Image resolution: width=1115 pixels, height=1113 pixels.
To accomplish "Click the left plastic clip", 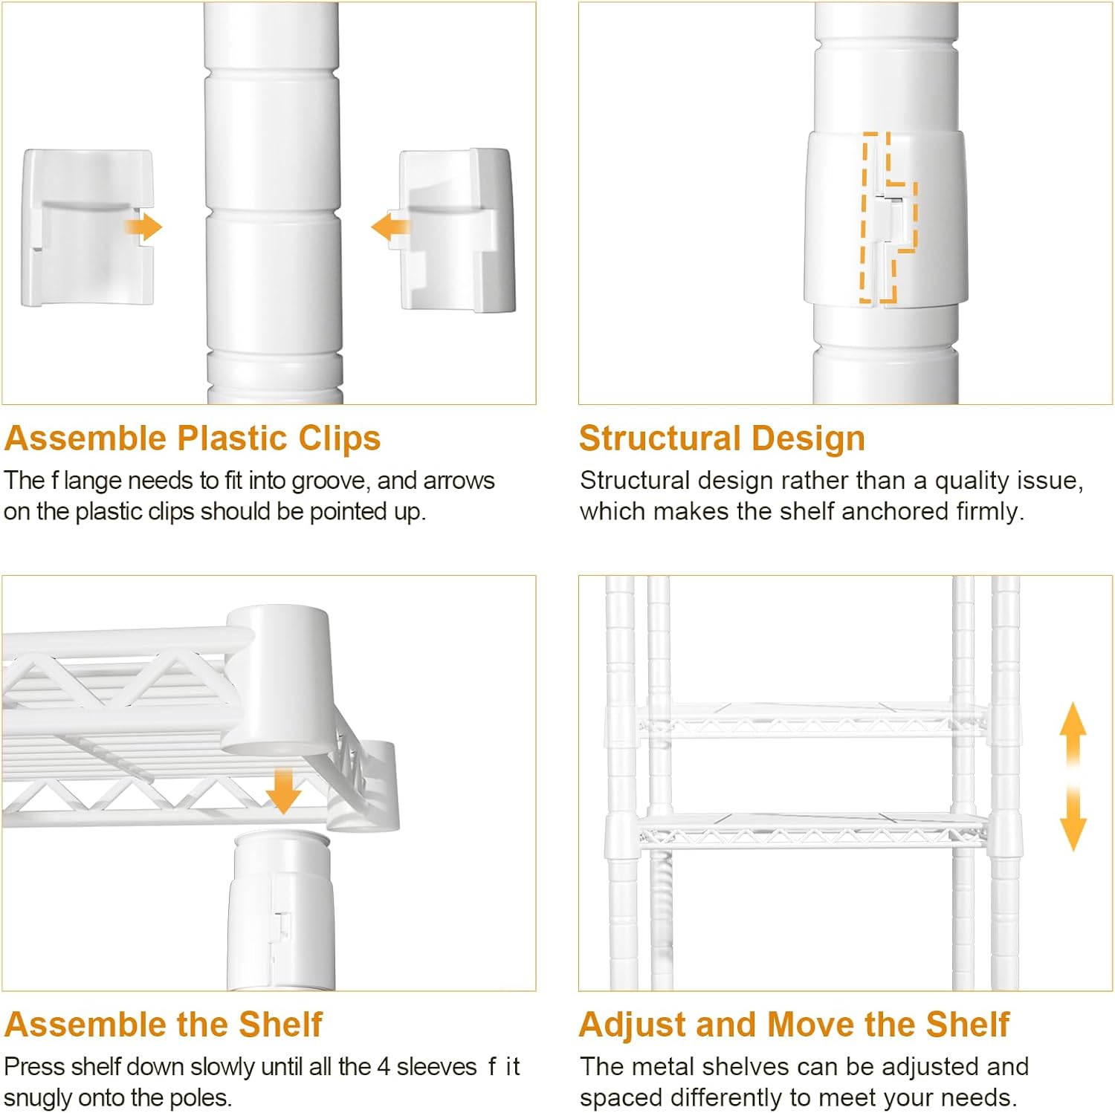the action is pyautogui.click(x=88, y=227).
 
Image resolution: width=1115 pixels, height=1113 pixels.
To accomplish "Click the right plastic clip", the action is pyautogui.click(x=457, y=230).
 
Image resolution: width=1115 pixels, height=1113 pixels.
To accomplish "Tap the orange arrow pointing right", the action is pyautogui.click(x=143, y=227).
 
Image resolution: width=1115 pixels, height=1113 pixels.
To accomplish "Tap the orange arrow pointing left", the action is pyautogui.click(x=390, y=227).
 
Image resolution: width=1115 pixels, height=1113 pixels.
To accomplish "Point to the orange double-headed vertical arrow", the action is pyautogui.click(x=1073, y=776).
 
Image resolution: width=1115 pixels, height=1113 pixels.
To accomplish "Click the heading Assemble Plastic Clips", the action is pyautogui.click(x=193, y=438).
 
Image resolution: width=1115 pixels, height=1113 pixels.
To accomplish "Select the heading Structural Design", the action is pyautogui.click(x=722, y=438).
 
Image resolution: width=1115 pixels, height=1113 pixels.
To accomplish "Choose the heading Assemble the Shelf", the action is pyautogui.click(x=164, y=1025).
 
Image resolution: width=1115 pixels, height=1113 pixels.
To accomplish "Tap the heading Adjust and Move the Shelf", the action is pyautogui.click(x=794, y=1025).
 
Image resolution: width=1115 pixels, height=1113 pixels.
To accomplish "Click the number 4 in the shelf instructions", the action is pyautogui.click(x=384, y=1067).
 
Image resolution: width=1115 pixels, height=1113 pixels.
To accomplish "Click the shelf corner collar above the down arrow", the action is pyautogui.click(x=277, y=679).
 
